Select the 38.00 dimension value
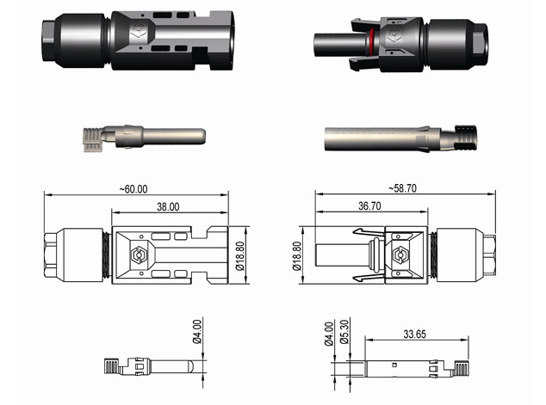pyautogui.click(x=168, y=207)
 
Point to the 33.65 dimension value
pyautogui.click(x=417, y=336)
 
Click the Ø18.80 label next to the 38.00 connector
pyautogui.click(x=240, y=256)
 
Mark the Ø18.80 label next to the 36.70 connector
pyautogui.click(x=298, y=256)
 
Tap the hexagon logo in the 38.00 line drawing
pyautogui.click(x=134, y=255)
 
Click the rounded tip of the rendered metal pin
pyautogui.click(x=199, y=136)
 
